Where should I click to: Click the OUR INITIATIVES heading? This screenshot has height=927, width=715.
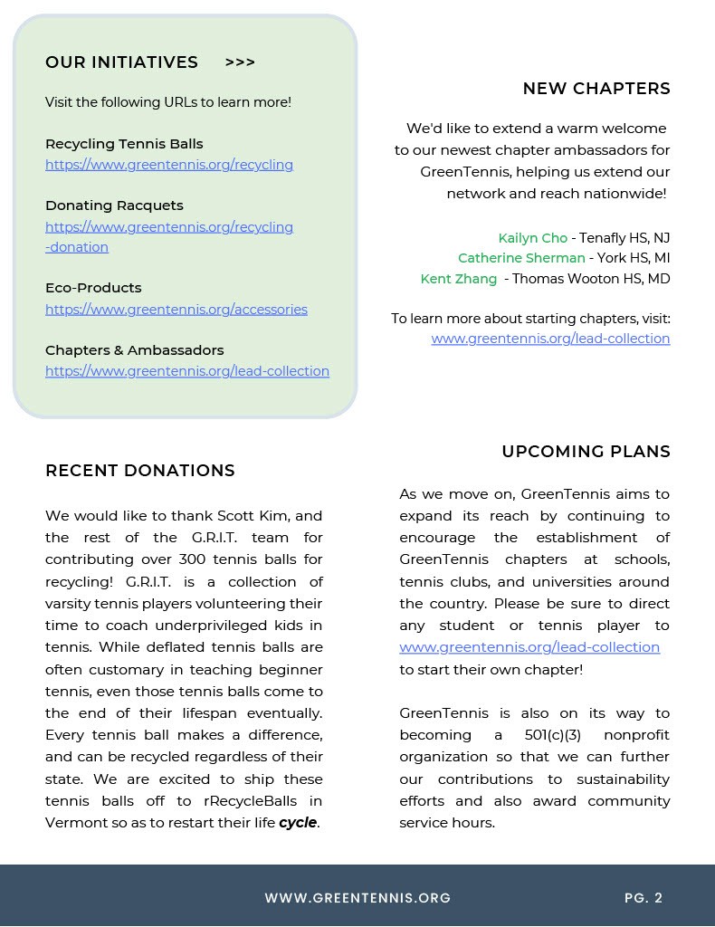121,62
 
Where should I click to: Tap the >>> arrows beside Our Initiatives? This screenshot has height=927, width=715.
240,62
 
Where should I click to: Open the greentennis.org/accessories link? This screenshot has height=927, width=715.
176,310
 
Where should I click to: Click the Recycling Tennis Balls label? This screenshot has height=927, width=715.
124,144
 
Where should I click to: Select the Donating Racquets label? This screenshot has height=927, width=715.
114,205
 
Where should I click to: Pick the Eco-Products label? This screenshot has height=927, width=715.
93,288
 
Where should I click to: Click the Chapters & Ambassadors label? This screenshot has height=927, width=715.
134,350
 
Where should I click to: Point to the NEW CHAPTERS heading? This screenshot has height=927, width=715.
596,89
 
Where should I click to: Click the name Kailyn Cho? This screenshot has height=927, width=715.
532,238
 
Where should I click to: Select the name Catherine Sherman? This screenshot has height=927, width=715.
521,258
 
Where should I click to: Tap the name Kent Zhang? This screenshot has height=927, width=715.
458,279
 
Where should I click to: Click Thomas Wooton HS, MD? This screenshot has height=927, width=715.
591,279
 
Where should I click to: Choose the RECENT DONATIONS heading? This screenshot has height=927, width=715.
140,471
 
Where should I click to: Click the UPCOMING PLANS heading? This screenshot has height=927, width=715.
586,452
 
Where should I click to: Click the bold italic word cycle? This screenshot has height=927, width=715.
298,823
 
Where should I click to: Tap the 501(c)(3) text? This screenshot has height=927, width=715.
552,735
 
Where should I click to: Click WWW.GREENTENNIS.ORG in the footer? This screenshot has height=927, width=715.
357,898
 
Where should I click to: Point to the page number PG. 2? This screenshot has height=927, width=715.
643,898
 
